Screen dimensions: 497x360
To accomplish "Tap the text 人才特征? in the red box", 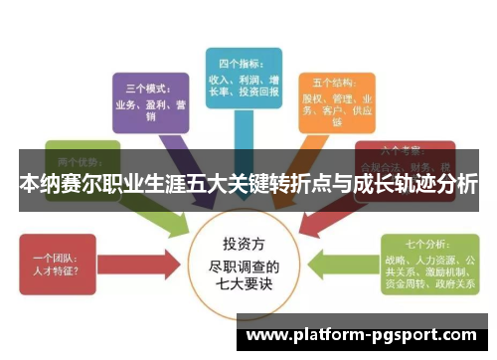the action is (54, 268).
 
